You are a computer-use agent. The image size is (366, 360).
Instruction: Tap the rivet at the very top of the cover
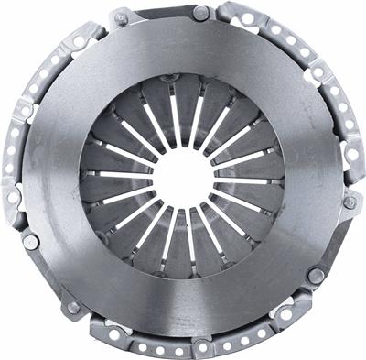pos(200,13)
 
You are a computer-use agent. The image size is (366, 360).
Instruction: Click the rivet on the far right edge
pos(350,202)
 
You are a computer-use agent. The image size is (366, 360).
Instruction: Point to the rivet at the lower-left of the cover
pos(73,308)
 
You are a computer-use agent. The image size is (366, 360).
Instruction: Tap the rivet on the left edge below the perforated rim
pos(29,242)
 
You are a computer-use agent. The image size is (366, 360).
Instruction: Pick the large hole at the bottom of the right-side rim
pos(344,240)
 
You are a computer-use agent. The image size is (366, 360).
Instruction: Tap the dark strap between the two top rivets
pos(161,14)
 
